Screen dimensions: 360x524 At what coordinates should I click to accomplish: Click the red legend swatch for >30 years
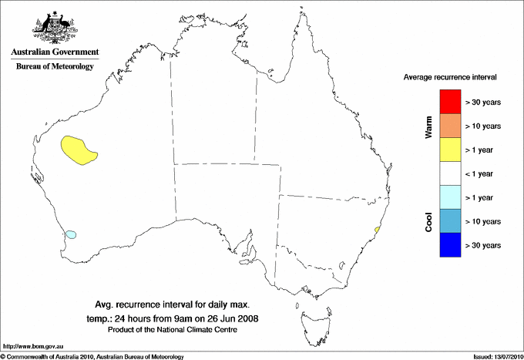coord(449,101)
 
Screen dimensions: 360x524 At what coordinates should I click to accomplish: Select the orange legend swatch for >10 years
coord(449,125)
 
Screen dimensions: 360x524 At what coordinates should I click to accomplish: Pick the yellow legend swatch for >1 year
coord(449,149)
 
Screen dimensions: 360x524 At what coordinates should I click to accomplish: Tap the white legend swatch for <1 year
coord(449,173)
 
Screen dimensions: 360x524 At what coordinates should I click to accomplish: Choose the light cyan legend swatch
coord(449,197)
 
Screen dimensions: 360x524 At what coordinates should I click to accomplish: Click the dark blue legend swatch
coord(449,244)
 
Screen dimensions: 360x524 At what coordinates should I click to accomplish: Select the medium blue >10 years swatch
coord(449,220)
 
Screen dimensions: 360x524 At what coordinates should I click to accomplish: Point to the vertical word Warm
coord(428,127)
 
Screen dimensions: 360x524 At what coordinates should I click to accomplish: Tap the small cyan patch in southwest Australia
coord(71,234)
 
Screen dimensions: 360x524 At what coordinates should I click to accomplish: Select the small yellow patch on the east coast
coord(377,229)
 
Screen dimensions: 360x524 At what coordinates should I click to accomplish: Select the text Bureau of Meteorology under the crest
coord(55,67)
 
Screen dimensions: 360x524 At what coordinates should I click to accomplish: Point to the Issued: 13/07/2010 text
coord(494,356)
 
